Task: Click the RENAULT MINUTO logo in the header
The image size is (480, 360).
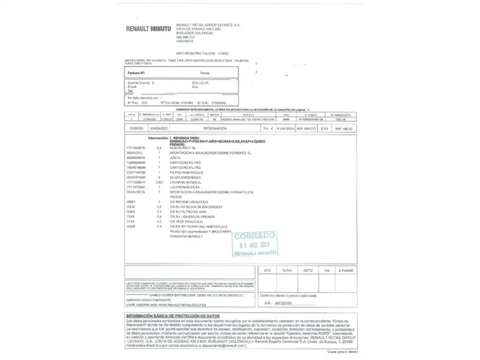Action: (148, 29)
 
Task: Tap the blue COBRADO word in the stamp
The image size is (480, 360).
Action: (254, 236)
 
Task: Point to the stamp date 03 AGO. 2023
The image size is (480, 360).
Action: (254, 245)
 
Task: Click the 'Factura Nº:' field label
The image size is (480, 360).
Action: (136, 73)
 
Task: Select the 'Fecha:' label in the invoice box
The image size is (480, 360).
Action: (205, 73)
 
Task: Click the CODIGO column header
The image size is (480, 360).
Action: (136, 128)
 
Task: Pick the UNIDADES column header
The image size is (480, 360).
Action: (159, 128)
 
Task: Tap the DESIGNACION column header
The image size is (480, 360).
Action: (215, 128)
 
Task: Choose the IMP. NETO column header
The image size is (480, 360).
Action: (344, 129)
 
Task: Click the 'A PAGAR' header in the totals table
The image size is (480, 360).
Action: (346, 271)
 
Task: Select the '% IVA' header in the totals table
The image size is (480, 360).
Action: (287, 271)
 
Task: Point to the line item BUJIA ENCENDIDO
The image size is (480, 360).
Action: (185, 178)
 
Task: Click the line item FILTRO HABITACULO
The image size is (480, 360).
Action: (186, 173)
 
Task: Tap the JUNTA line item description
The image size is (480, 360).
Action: (175, 158)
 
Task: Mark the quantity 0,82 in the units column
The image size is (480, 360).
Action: (159, 183)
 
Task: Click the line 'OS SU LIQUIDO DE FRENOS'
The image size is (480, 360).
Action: (192, 217)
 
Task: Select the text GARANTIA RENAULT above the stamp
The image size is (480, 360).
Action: (186, 236)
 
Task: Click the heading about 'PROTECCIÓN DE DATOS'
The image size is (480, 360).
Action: (173, 316)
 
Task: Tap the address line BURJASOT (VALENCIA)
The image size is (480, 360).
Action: (194, 33)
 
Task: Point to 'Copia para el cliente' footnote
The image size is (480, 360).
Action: (342, 352)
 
